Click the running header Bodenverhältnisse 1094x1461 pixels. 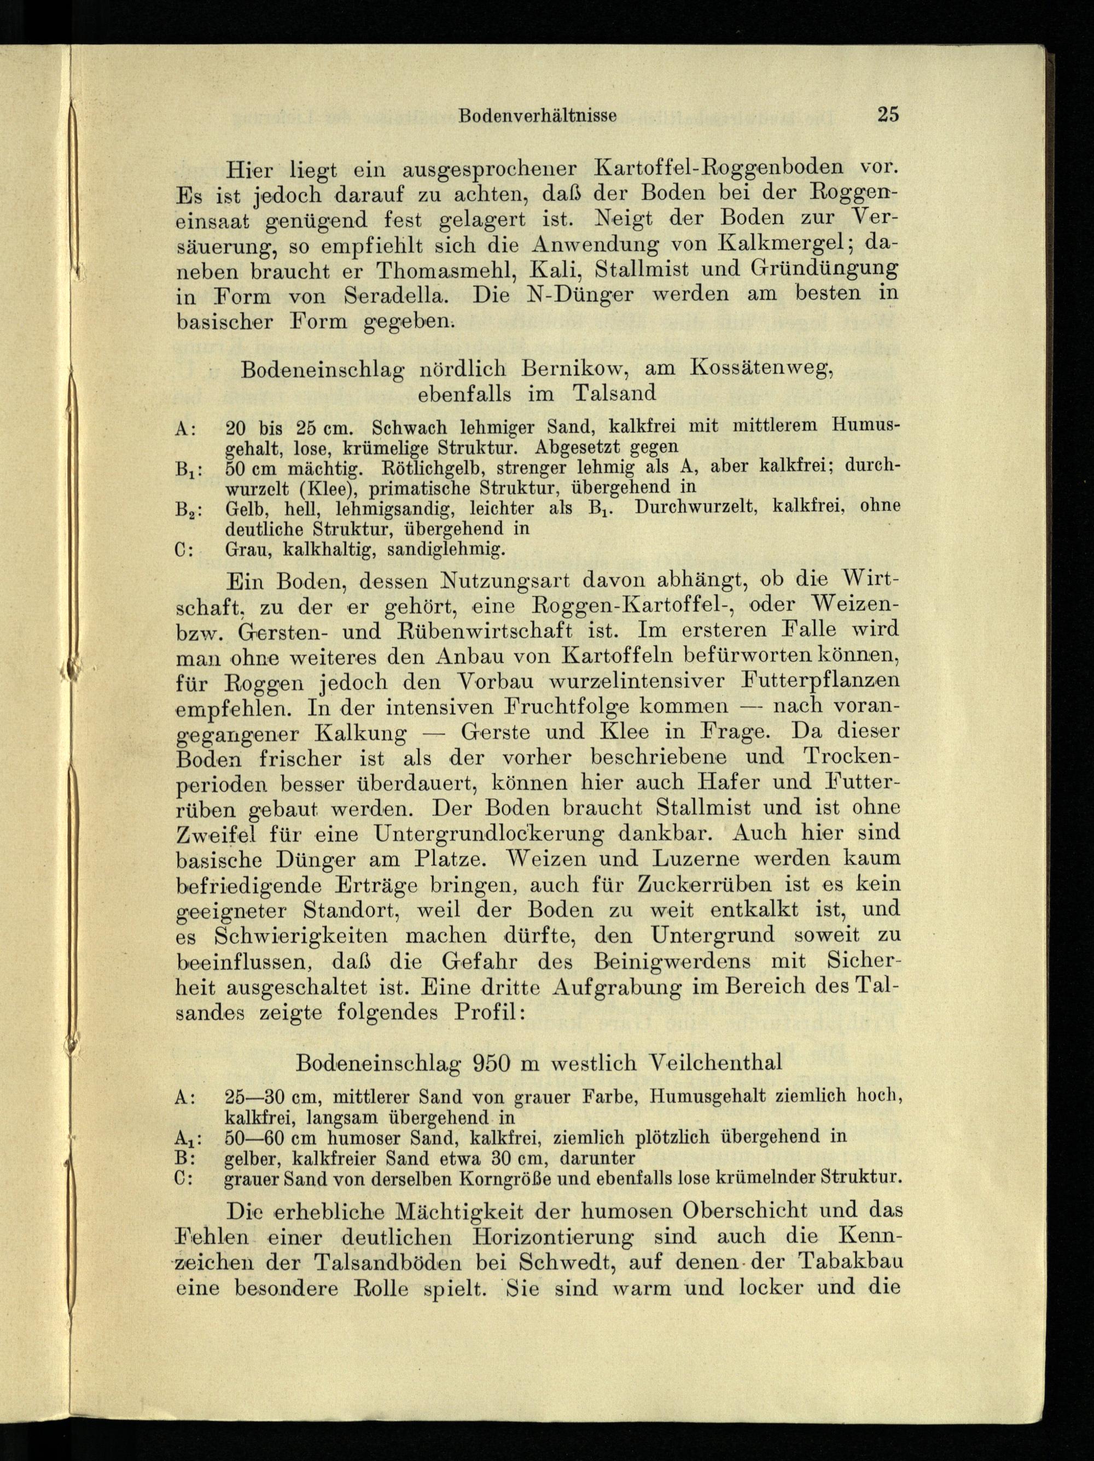[538, 116]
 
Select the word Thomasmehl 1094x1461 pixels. [452, 270]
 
